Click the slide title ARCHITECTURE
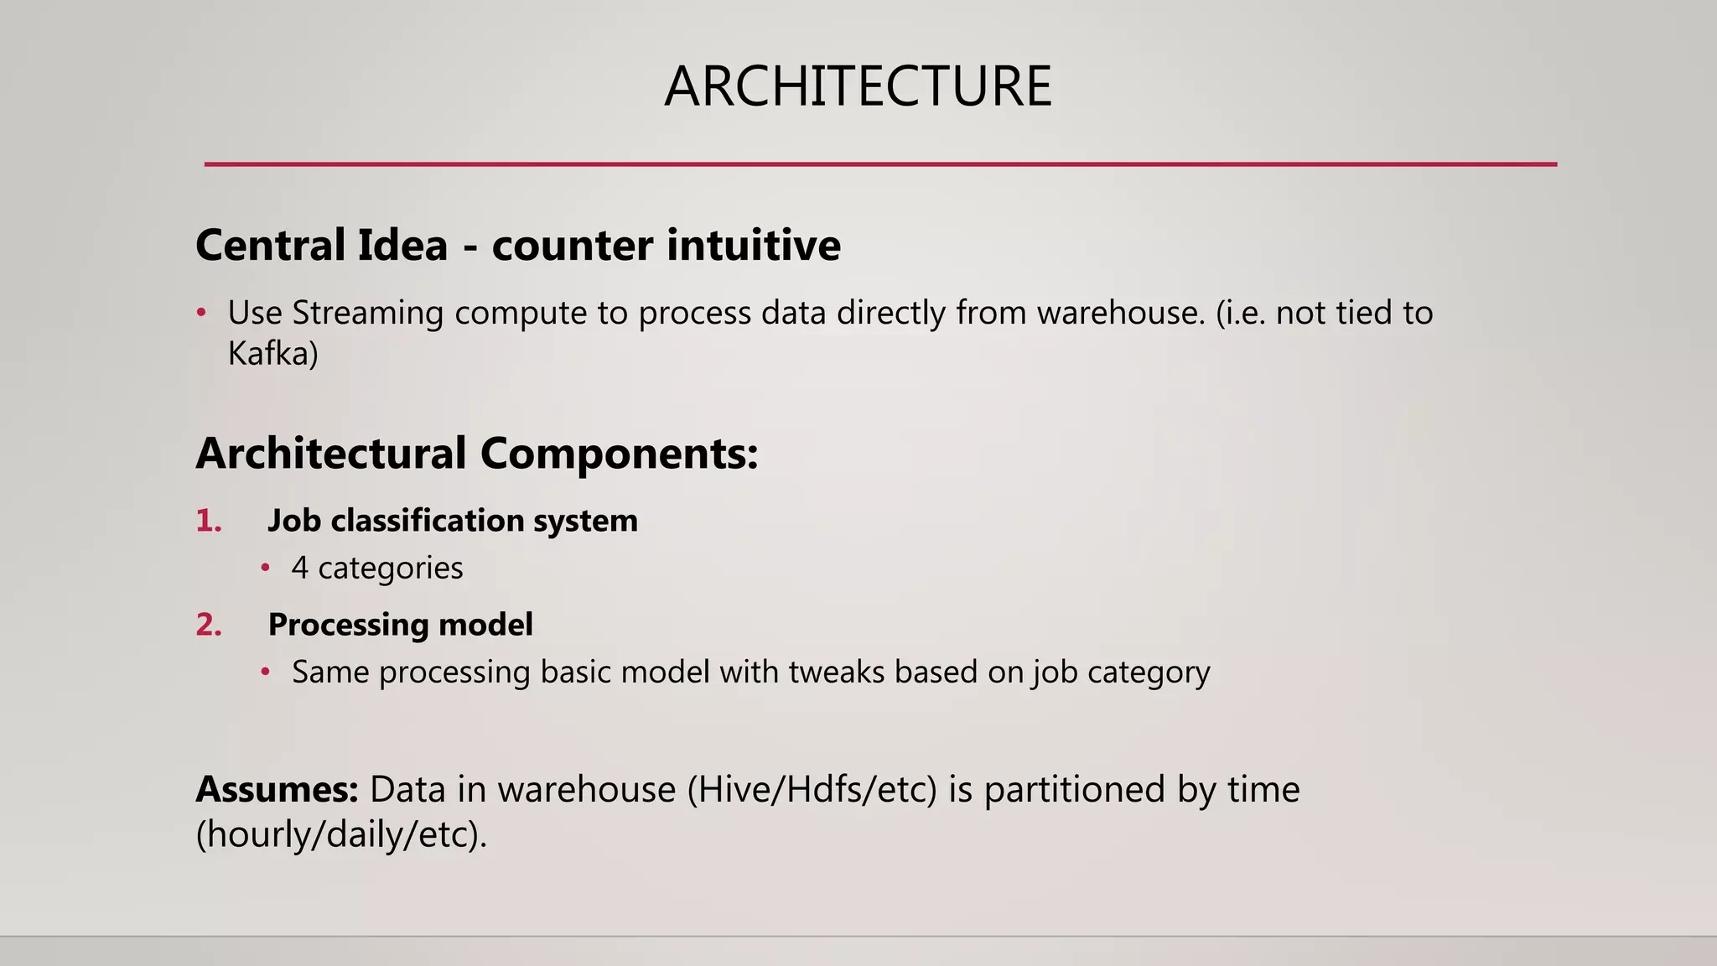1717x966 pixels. tap(858, 87)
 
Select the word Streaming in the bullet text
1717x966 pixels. tap(367, 313)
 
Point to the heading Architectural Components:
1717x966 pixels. tap(477, 454)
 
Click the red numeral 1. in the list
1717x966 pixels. tap(209, 521)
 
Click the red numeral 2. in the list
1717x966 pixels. tap(209, 625)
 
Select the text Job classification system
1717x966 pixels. tap(453, 521)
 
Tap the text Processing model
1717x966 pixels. tap(400, 625)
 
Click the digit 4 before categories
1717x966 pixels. tap(299, 569)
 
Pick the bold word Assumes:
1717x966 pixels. tap(278, 790)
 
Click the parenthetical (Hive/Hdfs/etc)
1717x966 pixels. tap(812, 790)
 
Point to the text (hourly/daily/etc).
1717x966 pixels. tap(341, 834)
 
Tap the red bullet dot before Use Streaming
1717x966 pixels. tap(201, 314)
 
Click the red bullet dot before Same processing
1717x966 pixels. tap(265, 673)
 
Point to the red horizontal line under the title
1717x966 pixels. tap(880, 164)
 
